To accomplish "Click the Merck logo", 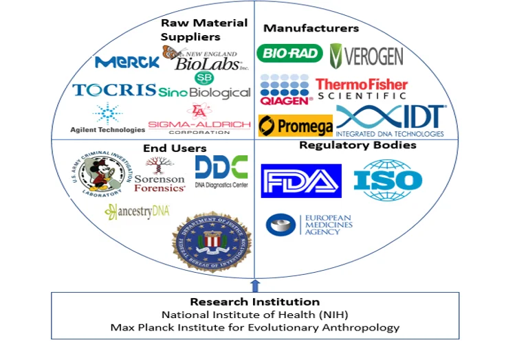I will pos(127,63).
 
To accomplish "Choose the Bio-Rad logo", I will pos(289,53).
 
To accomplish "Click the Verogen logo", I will pos(366,55).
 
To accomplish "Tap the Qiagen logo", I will pos(286,89).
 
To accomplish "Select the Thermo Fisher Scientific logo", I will pos(362,89).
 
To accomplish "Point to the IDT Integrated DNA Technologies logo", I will pos(391,121).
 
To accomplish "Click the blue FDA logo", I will pos(301,181).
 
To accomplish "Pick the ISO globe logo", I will pos(388,180).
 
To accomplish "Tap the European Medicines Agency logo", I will pos(310,225).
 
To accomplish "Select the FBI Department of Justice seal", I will pos(212,241).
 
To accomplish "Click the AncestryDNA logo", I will pos(137,212).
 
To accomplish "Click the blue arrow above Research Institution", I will pos(255,285).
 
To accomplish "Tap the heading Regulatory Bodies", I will pos(357,145).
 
